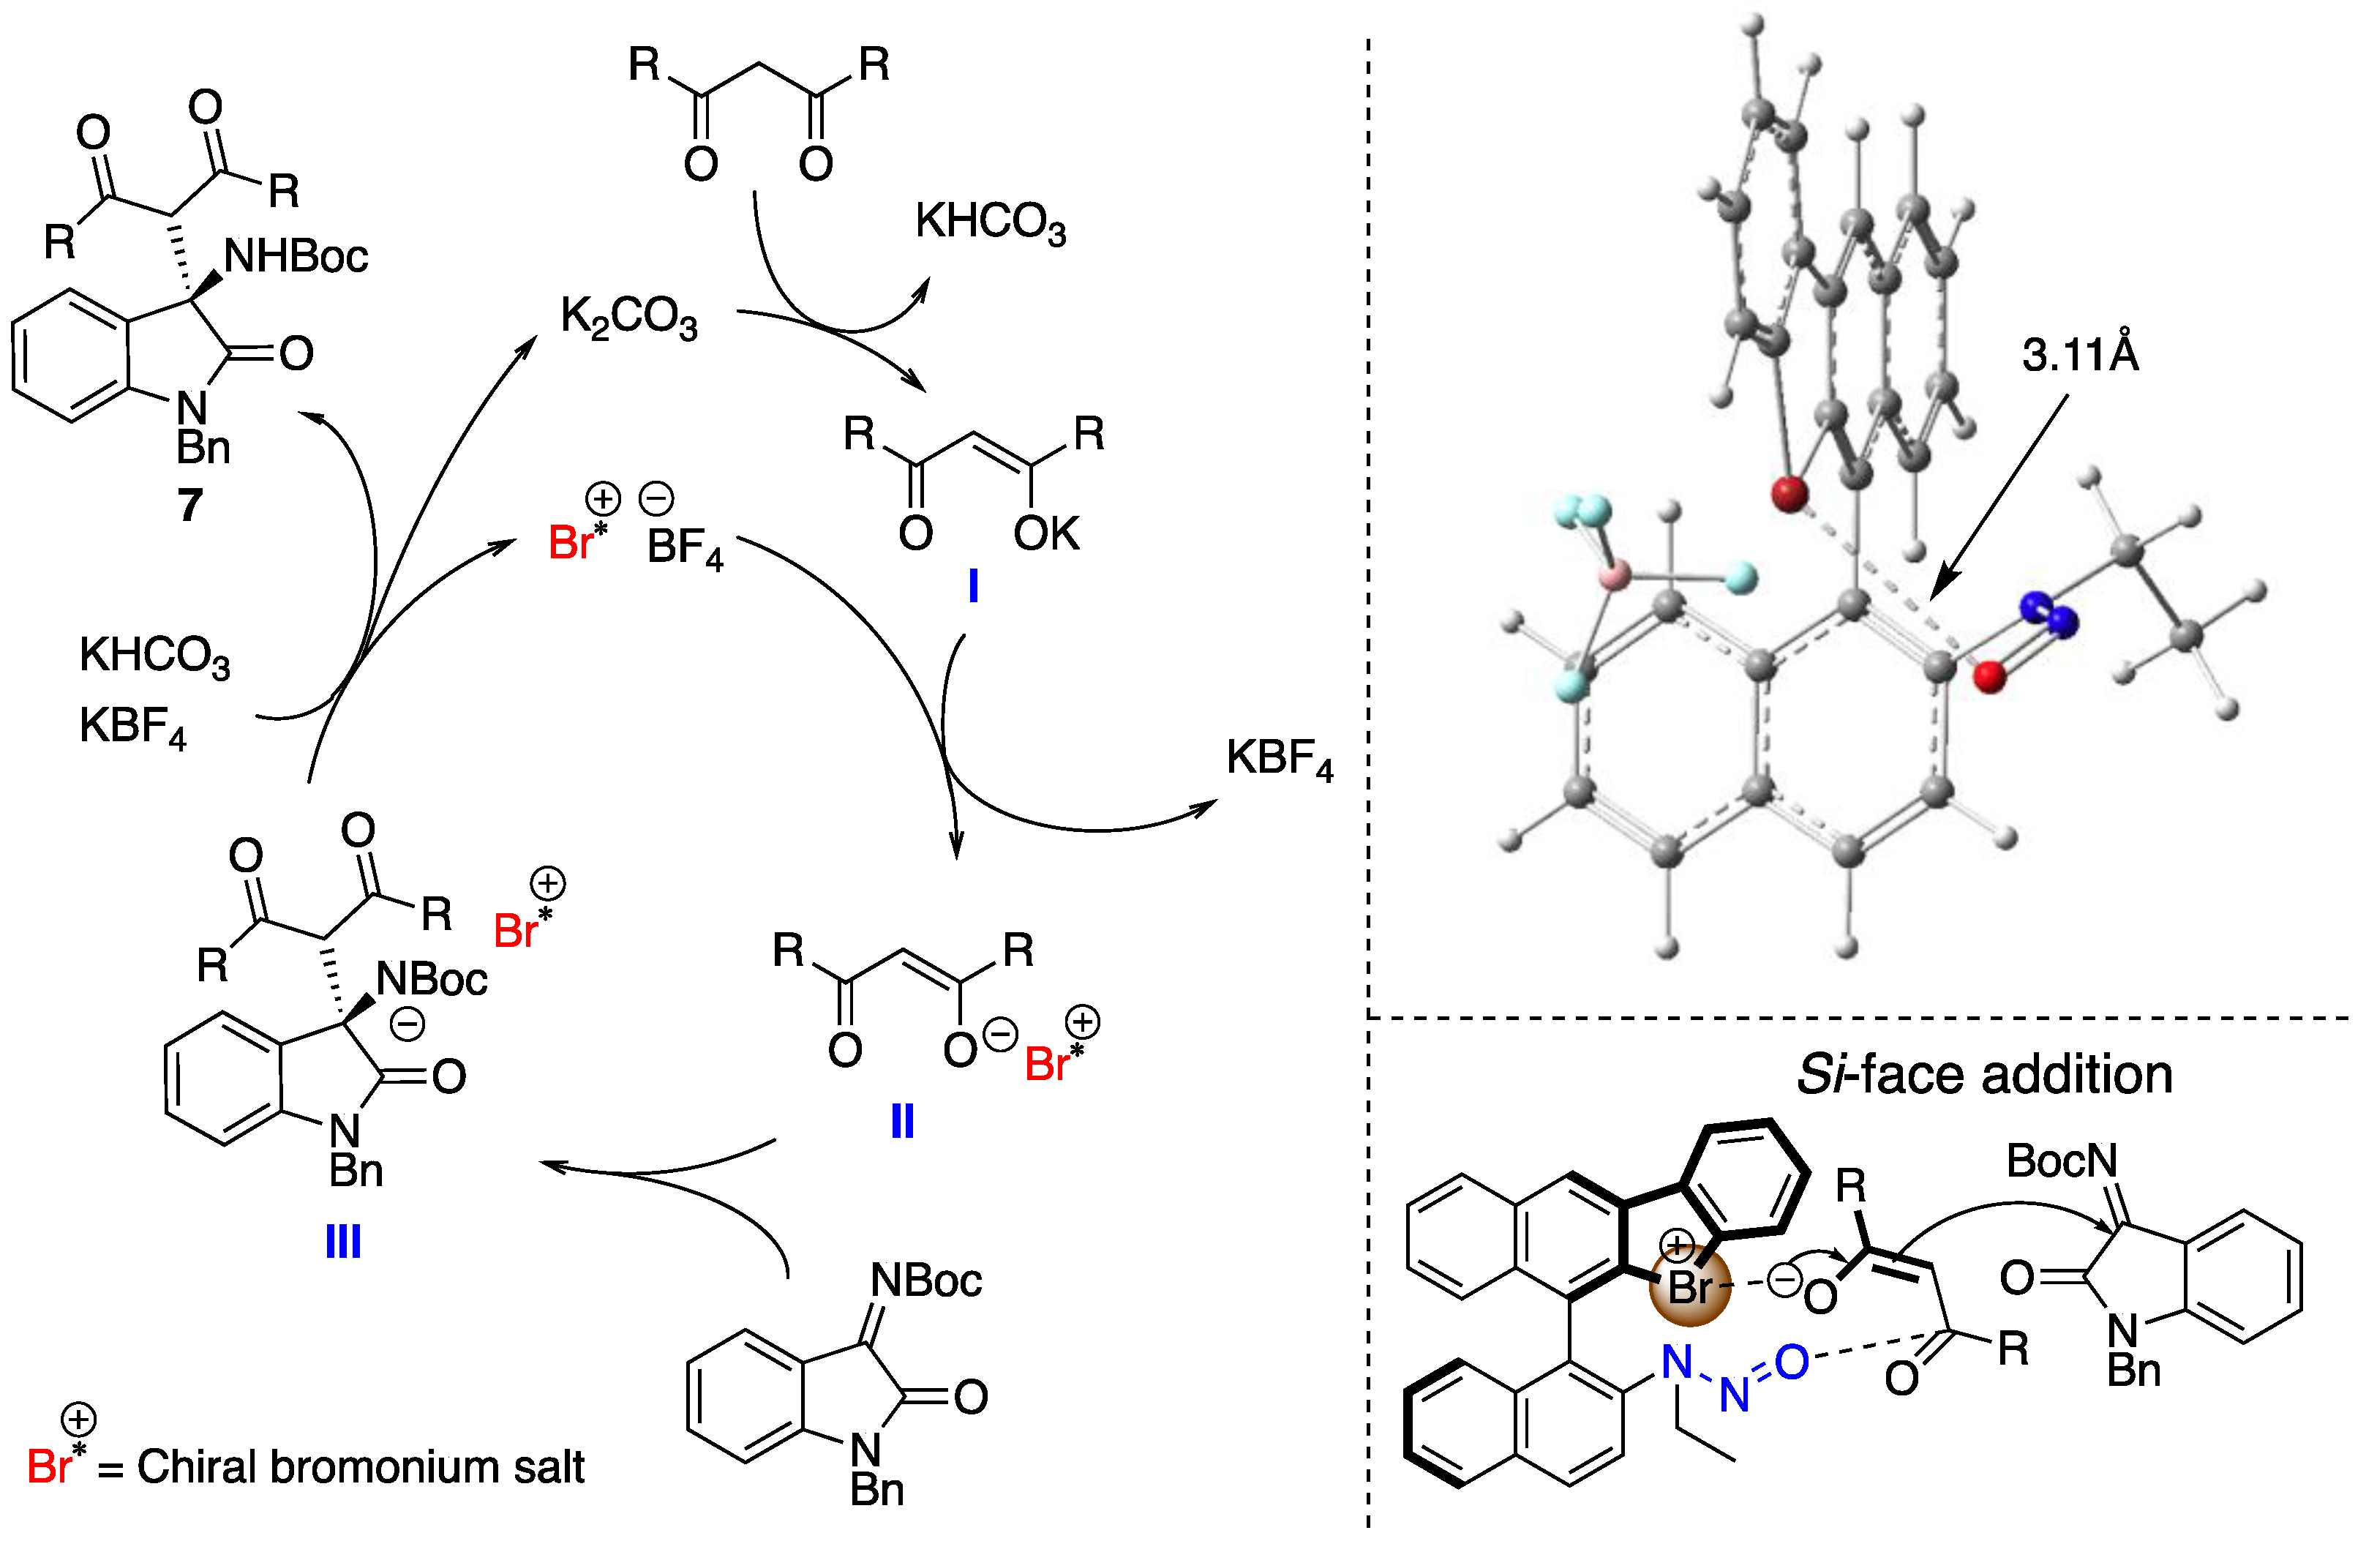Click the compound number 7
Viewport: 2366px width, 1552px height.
tap(190, 505)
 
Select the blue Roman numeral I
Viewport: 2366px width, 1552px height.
tap(973, 587)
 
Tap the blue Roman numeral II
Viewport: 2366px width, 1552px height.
tap(901, 1122)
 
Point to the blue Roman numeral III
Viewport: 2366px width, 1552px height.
tap(343, 1242)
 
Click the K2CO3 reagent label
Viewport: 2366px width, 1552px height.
tap(629, 318)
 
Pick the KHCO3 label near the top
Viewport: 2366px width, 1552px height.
tap(990, 222)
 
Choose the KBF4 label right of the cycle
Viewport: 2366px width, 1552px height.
tap(1280, 760)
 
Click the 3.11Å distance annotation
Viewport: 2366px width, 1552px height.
tap(2080, 355)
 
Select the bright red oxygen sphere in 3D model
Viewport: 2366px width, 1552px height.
tap(1989, 677)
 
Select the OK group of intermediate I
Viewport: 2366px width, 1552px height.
tap(1045, 534)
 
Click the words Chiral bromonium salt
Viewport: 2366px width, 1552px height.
tap(360, 1468)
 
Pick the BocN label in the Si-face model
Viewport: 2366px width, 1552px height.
tap(2061, 1161)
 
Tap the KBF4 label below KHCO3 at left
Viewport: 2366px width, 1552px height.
tap(132, 727)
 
